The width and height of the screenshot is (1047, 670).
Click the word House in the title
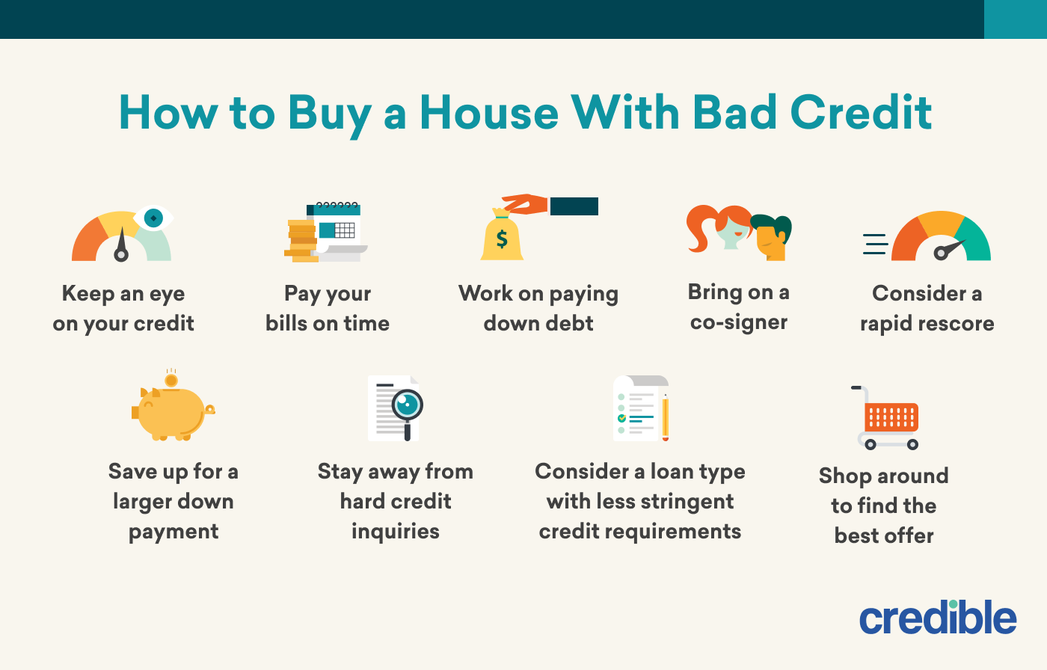click(x=489, y=113)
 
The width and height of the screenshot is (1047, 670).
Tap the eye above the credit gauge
click(x=153, y=218)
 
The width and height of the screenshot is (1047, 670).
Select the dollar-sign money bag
click(x=502, y=238)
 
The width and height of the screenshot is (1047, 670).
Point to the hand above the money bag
click(x=526, y=203)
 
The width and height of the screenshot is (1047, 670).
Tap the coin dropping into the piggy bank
click(x=171, y=381)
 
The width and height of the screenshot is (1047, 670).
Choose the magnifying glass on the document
click(x=408, y=405)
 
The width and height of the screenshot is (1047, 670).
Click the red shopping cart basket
click(x=891, y=417)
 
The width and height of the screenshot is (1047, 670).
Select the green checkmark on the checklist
click(x=621, y=419)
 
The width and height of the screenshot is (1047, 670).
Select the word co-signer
click(x=739, y=322)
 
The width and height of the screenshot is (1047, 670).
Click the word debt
click(x=569, y=323)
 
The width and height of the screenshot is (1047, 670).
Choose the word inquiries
click(x=396, y=531)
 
